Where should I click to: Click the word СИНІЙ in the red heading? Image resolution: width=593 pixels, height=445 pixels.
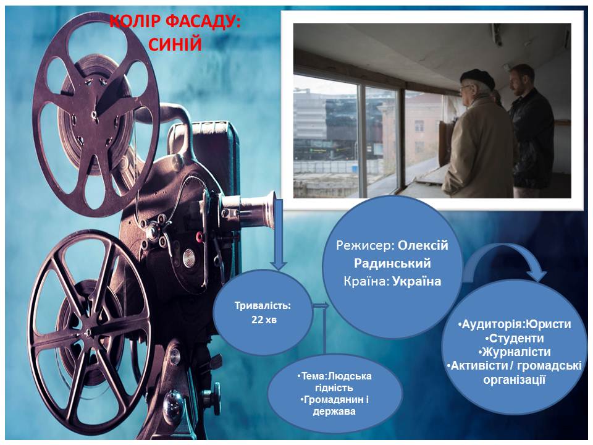tap(175, 44)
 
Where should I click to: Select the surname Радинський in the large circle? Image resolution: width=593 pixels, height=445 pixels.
tap(392, 263)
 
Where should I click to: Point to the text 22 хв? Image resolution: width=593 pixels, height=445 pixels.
tap(264, 320)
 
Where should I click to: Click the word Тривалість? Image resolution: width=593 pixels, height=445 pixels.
tap(263, 305)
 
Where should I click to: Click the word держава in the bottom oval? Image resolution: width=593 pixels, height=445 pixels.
tap(334, 412)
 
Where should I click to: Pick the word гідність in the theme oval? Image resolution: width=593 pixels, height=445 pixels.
tap(334, 388)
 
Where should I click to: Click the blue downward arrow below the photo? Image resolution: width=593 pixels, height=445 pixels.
tap(279, 235)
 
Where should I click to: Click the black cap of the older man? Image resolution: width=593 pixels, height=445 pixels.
tap(477, 78)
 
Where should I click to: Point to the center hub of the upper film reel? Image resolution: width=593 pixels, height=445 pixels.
tap(93, 112)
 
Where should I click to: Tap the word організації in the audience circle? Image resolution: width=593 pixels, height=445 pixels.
tap(515, 379)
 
